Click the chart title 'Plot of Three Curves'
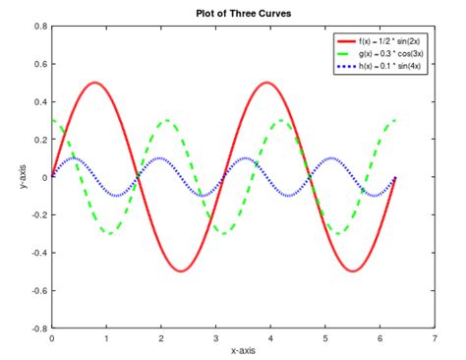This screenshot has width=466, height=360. pyautogui.click(x=241, y=12)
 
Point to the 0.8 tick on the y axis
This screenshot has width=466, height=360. pyautogui.click(x=38, y=27)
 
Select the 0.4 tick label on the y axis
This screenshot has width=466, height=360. pyautogui.click(x=38, y=102)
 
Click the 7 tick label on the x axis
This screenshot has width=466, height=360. pyautogui.click(x=435, y=337)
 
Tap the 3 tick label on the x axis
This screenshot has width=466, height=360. pyautogui.click(x=215, y=337)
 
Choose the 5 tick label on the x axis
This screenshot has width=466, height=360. pyautogui.click(x=325, y=337)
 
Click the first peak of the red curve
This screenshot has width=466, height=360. pyautogui.click(x=94, y=83)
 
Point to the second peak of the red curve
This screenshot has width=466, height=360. pyautogui.click(x=266, y=83)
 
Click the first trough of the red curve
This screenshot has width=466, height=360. pyautogui.click(x=181, y=270)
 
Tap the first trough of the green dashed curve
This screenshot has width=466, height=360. pyautogui.click(x=109, y=233)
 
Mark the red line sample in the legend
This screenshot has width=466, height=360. pyautogui.click(x=345, y=40)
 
